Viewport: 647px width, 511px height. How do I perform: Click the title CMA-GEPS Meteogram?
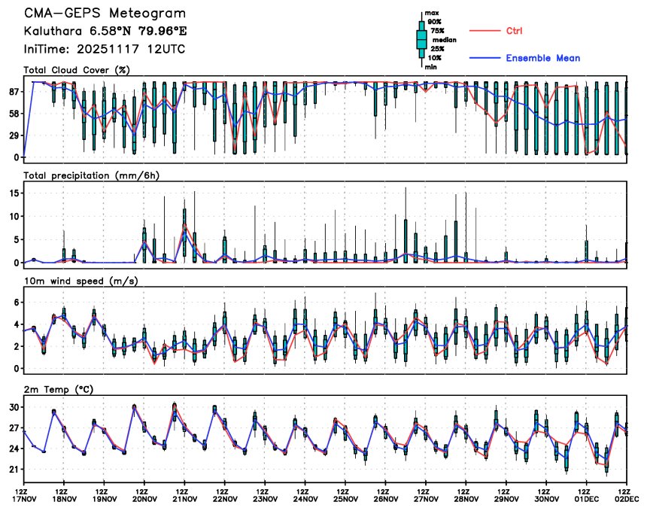tap(104, 14)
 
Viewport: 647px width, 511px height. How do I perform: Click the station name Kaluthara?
tap(53, 32)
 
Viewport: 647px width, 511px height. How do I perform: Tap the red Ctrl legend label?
tap(514, 30)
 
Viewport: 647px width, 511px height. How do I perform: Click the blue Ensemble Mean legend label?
tap(542, 58)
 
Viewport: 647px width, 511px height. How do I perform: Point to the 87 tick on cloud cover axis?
tap(12, 92)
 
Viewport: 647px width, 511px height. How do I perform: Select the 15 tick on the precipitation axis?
tap(12, 193)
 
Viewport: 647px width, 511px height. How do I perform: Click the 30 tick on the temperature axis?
tap(12, 407)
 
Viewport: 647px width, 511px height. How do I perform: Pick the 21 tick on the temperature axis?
tap(12, 470)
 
